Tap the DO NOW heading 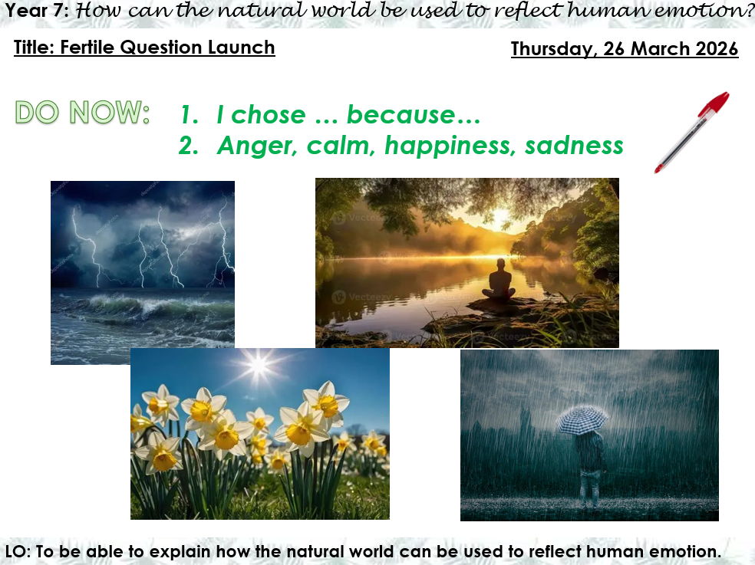[x=82, y=113]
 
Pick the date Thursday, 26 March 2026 [x=624, y=49]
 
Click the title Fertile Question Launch [x=143, y=48]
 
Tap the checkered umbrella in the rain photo [x=582, y=419]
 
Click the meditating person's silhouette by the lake [x=499, y=281]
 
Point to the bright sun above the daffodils [x=259, y=366]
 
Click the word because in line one [x=413, y=115]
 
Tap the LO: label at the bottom [x=18, y=551]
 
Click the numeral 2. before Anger [x=189, y=146]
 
